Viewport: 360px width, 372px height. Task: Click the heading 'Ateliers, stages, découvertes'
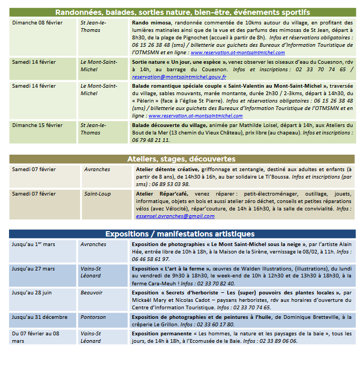click(x=181, y=159)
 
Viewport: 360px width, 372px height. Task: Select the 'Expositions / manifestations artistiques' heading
click(x=180, y=234)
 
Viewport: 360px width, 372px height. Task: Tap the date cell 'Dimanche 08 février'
click(x=37, y=23)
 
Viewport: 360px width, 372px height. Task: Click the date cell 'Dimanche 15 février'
click(x=37, y=125)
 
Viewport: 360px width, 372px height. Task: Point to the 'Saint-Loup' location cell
click(x=97, y=194)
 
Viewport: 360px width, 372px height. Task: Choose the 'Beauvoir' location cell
click(x=92, y=293)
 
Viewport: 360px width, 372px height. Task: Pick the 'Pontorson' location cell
click(x=94, y=317)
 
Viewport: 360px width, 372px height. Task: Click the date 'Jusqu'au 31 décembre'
click(x=40, y=317)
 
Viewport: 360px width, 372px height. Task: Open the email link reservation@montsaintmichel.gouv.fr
click(x=179, y=77)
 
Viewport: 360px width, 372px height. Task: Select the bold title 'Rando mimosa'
click(x=151, y=23)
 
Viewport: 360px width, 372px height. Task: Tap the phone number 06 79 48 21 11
click(x=150, y=140)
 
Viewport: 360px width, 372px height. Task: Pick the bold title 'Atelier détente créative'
click(x=165, y=170)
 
